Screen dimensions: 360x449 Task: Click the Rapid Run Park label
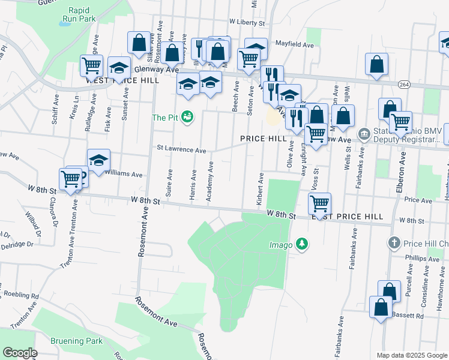82,14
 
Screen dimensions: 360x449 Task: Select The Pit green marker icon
187,117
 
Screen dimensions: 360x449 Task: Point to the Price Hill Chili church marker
394,243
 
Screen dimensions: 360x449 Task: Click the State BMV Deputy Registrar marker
363,134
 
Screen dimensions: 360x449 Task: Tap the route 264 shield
403,85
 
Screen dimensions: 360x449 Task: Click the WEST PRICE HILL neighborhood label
122,80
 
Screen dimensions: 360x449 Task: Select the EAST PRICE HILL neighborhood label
347,216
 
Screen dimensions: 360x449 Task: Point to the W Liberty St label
247,23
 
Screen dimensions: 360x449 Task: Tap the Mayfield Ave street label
295,44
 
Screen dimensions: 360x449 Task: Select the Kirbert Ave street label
261,190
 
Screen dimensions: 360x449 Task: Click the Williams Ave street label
123,175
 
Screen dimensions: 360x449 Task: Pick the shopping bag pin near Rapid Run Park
139,43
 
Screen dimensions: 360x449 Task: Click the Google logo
20,352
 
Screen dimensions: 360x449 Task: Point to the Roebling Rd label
22,295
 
